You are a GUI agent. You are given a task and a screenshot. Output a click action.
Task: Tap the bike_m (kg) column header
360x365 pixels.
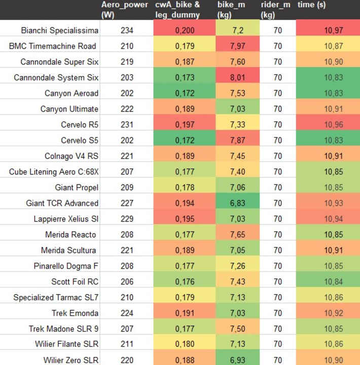tap(231, 10)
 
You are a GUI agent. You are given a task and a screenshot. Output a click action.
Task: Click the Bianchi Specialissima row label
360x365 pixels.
tap(60, 30)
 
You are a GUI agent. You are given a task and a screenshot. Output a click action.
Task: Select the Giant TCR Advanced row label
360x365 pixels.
tap(62, 203)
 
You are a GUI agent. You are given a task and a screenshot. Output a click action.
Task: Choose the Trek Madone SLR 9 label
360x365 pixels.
tap(63, 329)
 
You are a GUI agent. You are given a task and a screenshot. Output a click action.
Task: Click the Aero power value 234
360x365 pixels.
tap(127, 30)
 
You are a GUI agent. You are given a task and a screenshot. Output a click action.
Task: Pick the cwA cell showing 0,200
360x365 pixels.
tap(185, 30)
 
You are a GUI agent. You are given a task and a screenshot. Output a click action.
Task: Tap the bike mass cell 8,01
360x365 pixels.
tap(238, 78)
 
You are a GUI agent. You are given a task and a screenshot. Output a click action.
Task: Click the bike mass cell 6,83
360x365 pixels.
tap(238, 203)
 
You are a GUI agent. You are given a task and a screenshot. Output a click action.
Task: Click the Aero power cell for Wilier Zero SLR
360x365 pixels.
tap(127, 360)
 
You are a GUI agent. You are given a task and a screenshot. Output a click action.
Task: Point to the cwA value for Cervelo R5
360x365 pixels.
tap(185, 125)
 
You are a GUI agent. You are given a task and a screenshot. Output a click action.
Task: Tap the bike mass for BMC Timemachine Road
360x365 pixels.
tap(238, 46)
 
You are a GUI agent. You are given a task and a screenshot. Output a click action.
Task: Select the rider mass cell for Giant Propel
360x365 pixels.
tap(277, 188)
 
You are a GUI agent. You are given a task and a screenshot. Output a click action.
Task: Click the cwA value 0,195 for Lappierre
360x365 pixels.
tap(185, 219)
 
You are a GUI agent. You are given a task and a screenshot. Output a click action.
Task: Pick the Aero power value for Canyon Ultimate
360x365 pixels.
tap(127, 109)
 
